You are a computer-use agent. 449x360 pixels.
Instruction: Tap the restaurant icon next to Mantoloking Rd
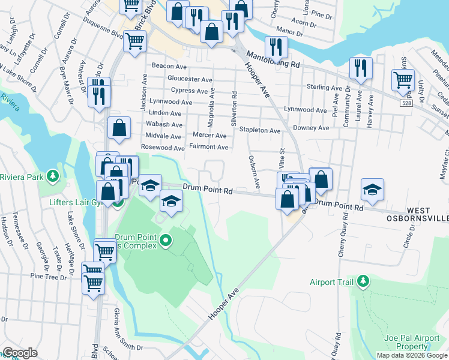coord(276,47)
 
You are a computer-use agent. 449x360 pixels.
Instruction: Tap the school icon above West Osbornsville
coord(372,190)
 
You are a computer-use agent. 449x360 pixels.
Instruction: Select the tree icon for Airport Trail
coord(362,281)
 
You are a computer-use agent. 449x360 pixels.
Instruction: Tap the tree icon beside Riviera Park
coord(54,176)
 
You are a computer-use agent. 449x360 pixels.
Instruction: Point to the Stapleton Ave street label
coord(260,130)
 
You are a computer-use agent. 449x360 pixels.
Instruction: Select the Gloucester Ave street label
coord(190,79)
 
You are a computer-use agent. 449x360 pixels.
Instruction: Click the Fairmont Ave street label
coord(208,147)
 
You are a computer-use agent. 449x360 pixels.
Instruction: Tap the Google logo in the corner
coord(20,353)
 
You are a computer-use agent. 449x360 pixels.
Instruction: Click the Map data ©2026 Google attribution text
coord(412,355)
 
